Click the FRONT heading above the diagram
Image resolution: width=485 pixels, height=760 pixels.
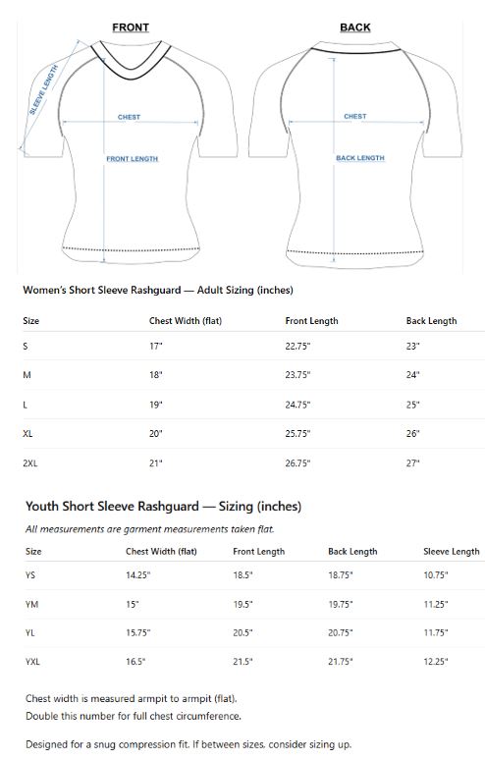(131, 27)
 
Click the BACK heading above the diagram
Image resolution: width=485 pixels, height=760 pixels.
(355, 27)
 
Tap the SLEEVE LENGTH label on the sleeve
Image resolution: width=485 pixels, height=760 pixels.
(43, 90)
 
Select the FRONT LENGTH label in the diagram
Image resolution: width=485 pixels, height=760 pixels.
(133, 159)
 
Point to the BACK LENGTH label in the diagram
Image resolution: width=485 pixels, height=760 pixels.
(360, 158)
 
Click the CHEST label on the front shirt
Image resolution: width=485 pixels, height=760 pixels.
(129, 117)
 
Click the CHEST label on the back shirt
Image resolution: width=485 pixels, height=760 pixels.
(355, 116)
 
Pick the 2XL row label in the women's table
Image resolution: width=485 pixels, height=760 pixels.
(31, 462)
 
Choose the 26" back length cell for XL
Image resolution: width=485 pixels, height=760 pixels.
(412, 434)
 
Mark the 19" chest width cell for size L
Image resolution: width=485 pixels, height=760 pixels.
(156, 405)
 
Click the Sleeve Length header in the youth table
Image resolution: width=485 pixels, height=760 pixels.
(450, 552)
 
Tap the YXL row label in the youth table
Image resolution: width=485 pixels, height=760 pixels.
(33, 663)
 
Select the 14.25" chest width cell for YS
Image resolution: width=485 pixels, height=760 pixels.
(138, 575)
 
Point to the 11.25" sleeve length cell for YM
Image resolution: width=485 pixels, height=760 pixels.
(436, 605)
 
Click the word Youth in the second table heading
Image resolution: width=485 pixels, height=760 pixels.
(45, 507)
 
